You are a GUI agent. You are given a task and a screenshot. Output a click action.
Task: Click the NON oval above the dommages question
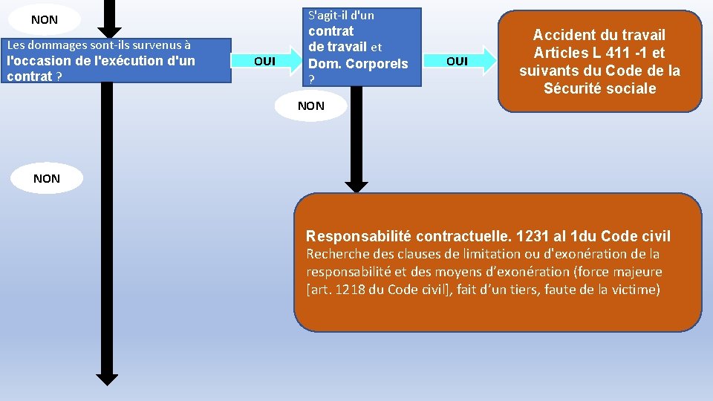pyautogui.click(x=45, y=20)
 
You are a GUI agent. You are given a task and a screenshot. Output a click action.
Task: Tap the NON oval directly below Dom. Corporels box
pyautogui.click(x=310, y=105)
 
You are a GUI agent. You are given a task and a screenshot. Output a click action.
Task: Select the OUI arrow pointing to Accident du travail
pyautogui.click(x=460, y=61)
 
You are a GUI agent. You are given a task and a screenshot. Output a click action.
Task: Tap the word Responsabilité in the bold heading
pyautogui.click(x=359, y=236)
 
